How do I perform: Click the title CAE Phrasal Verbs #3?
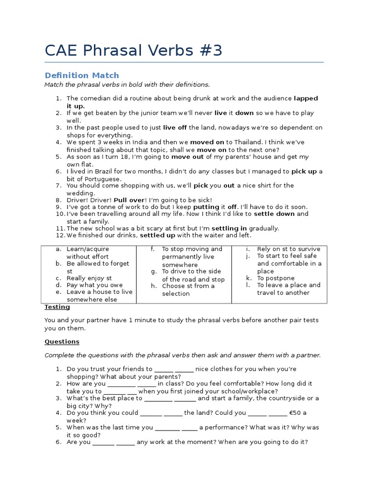(x=134, y=50)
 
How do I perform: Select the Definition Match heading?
(x=81, y=75)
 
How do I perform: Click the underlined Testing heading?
(x=57, y=307)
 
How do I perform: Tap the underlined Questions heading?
(x=62, y=342)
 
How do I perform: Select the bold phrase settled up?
(x=157, y=236)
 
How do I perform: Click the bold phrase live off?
(x=175, y=128)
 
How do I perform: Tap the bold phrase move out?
(x=188, y=157)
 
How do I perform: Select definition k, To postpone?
(x=276, y=278)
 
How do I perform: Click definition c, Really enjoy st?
(x=89, y=278)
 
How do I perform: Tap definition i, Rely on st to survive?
(x=288, y=249)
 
